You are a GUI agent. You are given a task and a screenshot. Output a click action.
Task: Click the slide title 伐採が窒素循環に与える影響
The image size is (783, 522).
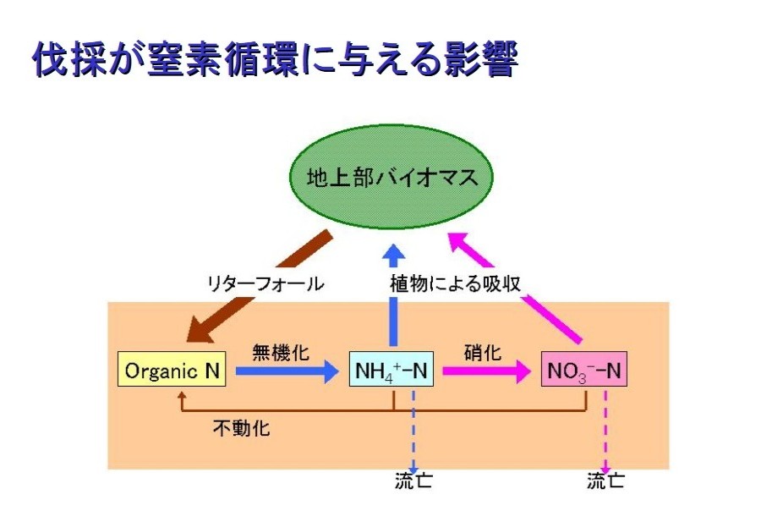point(275,59)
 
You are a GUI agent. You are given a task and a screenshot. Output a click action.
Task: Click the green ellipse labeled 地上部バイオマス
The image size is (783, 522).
point(391,176)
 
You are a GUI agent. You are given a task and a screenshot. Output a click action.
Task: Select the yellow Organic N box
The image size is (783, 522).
point(172,369)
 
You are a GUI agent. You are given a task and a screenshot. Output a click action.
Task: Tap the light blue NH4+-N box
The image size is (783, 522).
point(391,369)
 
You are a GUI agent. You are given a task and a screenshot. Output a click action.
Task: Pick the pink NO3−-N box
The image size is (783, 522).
point(583,369)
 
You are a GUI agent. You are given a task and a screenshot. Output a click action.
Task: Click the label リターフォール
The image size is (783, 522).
point(266,283)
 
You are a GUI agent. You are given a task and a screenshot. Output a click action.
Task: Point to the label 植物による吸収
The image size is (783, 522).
point(456,283)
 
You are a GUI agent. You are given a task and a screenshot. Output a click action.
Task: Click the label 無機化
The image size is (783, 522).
point(281,352)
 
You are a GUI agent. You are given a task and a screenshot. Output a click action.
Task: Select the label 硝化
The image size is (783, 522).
point(482,352)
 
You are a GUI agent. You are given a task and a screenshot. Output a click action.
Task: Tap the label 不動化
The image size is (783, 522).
point(242,427)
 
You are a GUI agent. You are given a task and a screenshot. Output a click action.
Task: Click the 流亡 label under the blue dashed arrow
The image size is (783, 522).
point(413,481)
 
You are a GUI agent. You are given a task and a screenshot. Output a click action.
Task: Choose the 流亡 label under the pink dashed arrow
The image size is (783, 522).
point(605,481)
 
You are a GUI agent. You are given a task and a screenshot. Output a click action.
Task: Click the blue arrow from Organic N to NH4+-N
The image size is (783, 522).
point(287,371)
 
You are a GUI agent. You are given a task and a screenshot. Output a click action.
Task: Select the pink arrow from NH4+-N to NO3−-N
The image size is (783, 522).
point(487,371)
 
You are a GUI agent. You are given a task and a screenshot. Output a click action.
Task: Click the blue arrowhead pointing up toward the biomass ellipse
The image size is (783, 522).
point(395,253)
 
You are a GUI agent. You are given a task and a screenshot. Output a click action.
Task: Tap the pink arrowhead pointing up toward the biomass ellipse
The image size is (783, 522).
point(459,242)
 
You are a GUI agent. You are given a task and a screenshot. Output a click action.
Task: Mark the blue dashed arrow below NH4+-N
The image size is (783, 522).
point(413,432)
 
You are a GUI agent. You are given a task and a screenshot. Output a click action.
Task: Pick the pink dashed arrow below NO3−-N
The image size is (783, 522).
point(605,432)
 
